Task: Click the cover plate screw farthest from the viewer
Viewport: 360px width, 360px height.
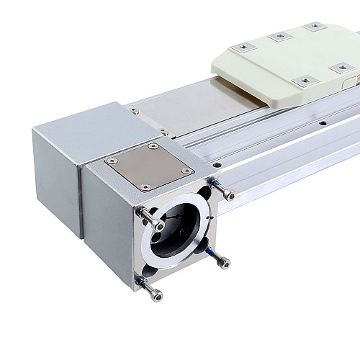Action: click(153, 146)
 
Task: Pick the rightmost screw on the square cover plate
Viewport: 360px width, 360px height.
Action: click(186, 171)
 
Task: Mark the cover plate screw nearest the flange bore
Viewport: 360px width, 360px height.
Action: click(146, 187)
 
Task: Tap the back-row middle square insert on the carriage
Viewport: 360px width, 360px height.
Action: click(278, 37)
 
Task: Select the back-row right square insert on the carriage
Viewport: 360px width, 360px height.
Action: click(313, 27)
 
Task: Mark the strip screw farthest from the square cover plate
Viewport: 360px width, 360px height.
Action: click(132, 110)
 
